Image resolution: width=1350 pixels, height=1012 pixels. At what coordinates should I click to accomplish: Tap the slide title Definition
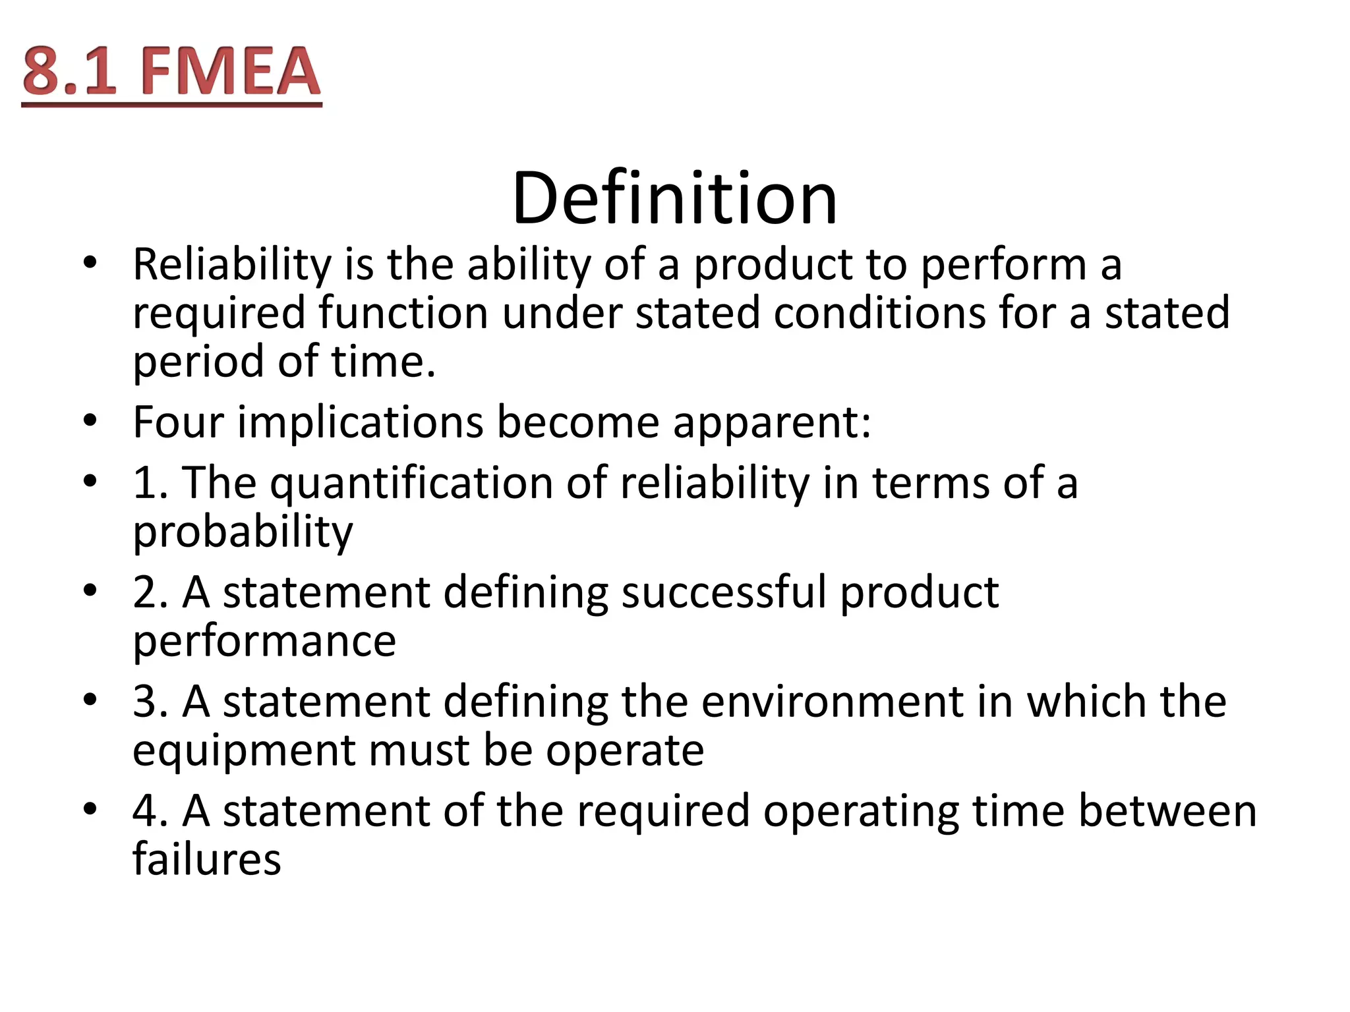pyautogui.click(x=674, y=198)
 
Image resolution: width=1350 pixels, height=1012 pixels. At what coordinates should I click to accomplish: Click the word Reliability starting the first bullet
pyautogui.click(x=232, y=265)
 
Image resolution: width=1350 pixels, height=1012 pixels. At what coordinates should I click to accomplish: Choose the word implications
pyautogui.click(x=360, y=423)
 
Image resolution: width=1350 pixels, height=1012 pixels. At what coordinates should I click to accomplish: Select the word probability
pyautogui.click(x=243, y=532)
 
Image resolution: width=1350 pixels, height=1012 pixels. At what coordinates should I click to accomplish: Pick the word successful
pyautogui.click(x=724, y=592)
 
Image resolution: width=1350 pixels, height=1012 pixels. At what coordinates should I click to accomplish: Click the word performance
pyautogui.click(x=264, y=642)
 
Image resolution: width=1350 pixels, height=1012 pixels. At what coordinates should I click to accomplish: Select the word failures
pyautogui.click(x=207, y=859)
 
